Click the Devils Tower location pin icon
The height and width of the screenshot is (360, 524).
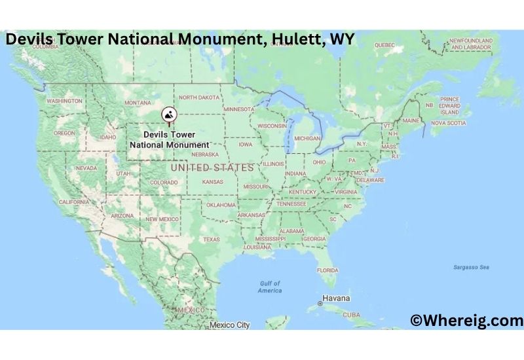tap(169, 115)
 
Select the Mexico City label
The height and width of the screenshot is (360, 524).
tap(230, 325)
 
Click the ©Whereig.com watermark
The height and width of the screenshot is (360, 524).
tap(466, 320)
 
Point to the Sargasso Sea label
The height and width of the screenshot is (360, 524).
tap(471, 267)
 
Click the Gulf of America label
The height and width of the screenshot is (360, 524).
tap(269, 287)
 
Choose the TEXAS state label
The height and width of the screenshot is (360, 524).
tap(211, 240)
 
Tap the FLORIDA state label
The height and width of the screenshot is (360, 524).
tap(327, 270)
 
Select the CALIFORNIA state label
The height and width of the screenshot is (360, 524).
tap(73, 202)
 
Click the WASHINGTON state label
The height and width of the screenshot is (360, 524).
tap(64, 101)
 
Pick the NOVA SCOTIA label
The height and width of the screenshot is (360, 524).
tap(448, 123)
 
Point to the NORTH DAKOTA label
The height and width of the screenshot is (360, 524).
tap(199, 98)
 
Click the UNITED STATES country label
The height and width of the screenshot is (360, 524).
tap(212, 168)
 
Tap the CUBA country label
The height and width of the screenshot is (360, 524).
tap(351, 315)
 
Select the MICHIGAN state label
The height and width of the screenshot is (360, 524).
tap(307, 139)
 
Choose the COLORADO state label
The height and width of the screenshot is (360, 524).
tap(164, 183)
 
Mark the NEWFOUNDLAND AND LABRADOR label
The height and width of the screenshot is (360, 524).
tap(470, 45)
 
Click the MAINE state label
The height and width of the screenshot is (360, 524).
tap(411, 121)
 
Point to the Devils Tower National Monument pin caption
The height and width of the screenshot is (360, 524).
tap(169, 139)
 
